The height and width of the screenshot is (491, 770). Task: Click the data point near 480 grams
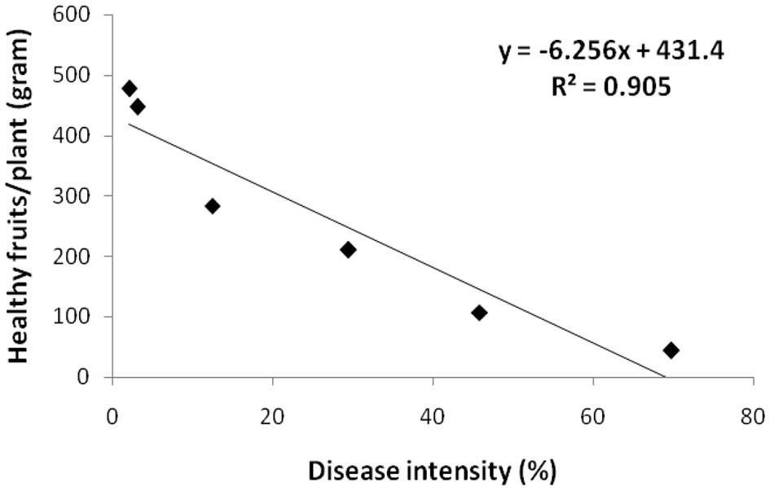[130, 89]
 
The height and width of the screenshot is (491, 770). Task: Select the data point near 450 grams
[138, 107]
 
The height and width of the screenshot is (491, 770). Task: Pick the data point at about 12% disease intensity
[213, 206]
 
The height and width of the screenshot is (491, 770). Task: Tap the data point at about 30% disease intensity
[348, 250]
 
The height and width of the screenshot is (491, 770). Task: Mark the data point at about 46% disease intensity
[479, 313]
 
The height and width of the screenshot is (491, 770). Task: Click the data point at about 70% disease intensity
[671, 350]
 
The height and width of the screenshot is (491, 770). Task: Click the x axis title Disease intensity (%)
[431, 471]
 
